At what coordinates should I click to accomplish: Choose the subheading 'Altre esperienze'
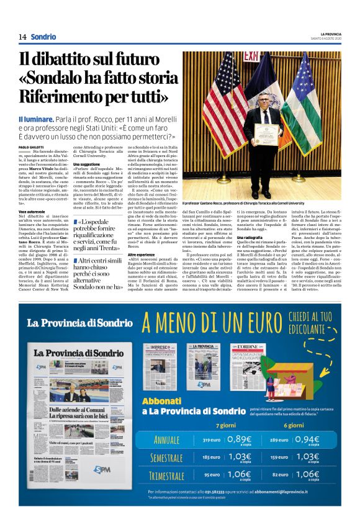[x=142, y=254]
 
